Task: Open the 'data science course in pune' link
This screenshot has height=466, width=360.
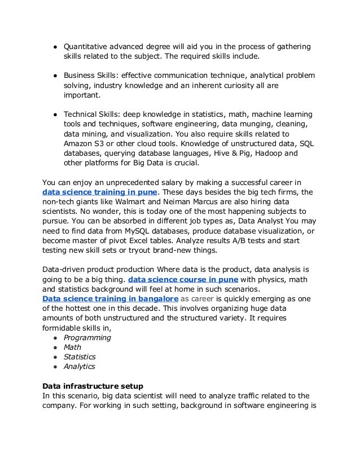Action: click(x=183, y=279)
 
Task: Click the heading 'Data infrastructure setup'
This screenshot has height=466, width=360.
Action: click(x=92, y=386)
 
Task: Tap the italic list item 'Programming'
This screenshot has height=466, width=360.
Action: click(x=87, y=337)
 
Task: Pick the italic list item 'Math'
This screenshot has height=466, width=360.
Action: click(x=72, y=347)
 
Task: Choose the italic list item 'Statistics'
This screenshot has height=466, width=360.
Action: click(x=79, y=357)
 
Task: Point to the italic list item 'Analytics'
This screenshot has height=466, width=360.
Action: click(x=79, y=366)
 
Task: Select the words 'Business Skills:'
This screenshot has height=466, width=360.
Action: click(x=92, y=75)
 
